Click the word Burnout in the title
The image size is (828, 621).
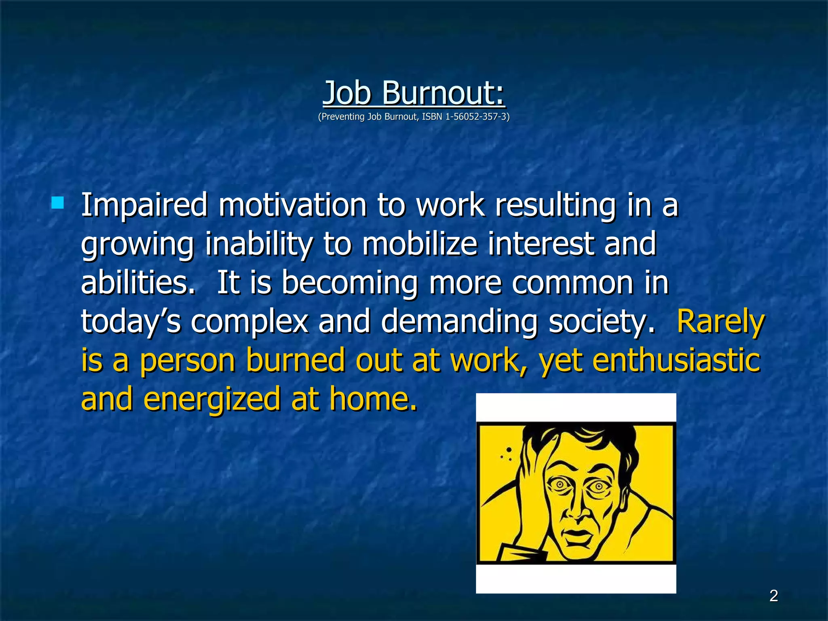443,93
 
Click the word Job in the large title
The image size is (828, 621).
347,93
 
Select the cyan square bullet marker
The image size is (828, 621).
58,203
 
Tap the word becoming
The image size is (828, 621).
349,283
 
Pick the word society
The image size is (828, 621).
601,322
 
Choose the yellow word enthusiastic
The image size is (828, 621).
676,360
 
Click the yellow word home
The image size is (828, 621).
372,399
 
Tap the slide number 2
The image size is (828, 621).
773,596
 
